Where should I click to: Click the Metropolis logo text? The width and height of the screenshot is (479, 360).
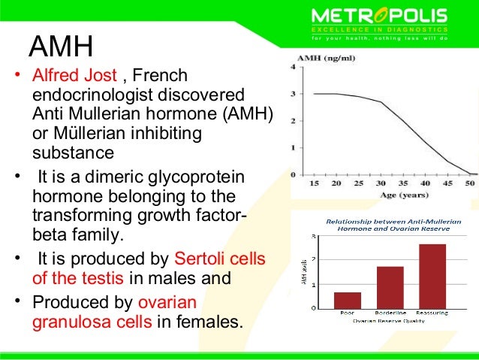pos(379,15)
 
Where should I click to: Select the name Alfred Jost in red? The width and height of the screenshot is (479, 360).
pos(73,77)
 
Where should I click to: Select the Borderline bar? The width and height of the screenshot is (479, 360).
pos(389,287)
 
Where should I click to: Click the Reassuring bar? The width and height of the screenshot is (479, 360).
pos(432,276)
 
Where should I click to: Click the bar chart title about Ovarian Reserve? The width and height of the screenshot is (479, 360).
pos(389,225)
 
